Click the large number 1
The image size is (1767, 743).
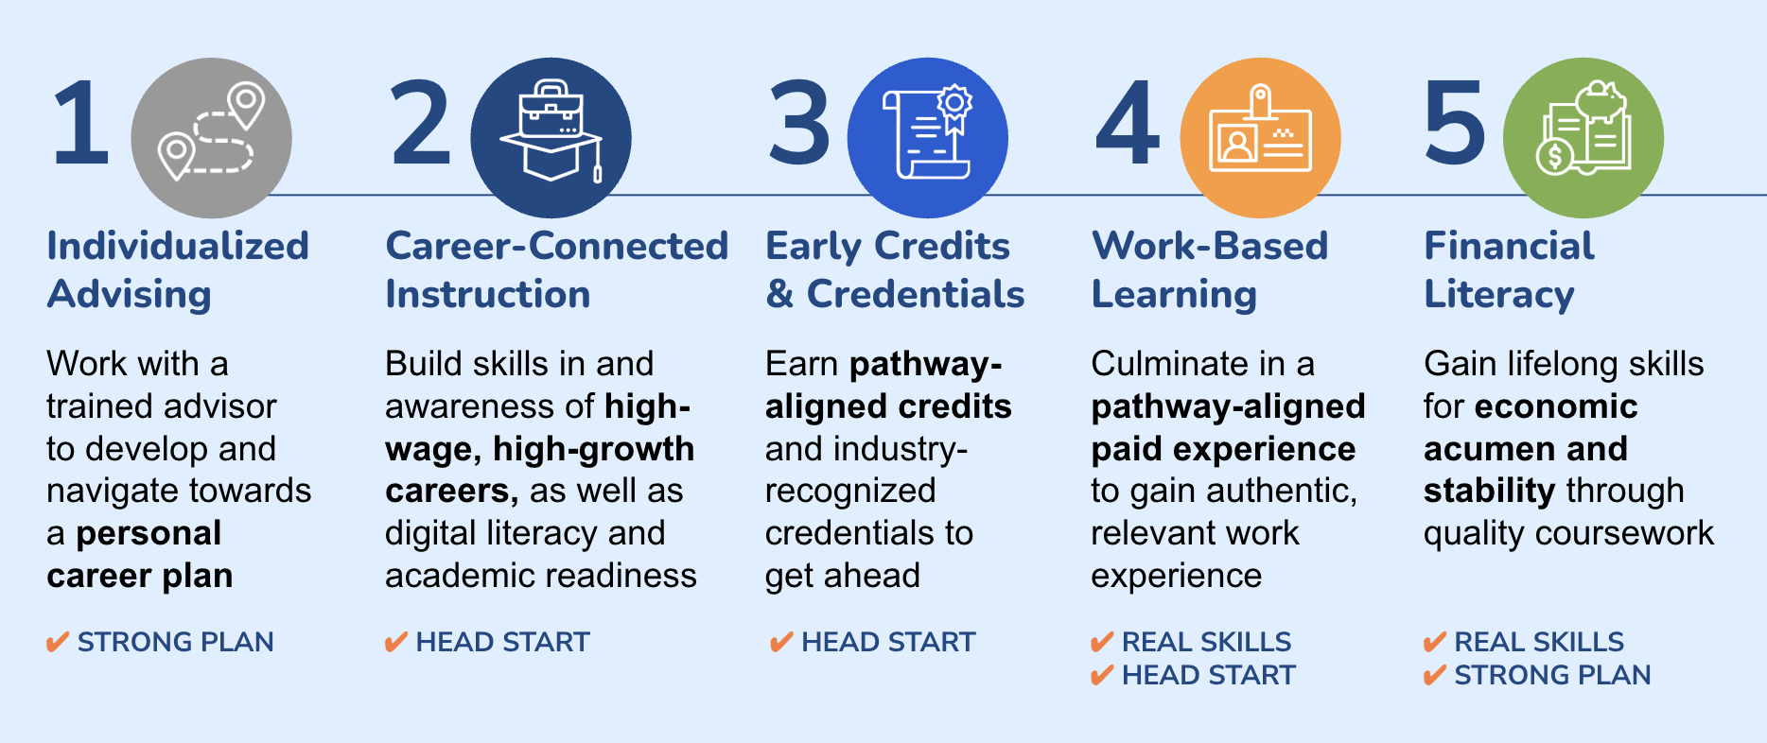coord(81,123)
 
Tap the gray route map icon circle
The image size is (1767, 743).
coord(211,138)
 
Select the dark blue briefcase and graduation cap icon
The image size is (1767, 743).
coord(551,138)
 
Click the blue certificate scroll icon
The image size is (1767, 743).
coord(927,138)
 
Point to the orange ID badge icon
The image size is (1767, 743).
coord(1260,138)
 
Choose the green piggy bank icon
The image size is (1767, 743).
coord(1583,138)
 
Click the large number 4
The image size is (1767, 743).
coord(1128,123)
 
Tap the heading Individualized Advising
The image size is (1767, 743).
coord(178,270)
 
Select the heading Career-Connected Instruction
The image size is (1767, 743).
coord(557,270)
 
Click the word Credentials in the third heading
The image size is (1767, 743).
coord(916,294)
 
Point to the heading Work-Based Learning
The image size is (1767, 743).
coord(1210,270)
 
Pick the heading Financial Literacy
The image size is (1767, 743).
coord(1509,270)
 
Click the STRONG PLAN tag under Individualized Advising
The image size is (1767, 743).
coord(175,642)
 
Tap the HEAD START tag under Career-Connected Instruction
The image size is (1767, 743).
coord(502,642)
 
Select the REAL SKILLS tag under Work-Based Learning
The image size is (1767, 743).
coord(1206,642)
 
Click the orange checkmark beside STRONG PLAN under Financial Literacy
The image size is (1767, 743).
coord(1435,675)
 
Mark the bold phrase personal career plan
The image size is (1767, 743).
coord(139,555)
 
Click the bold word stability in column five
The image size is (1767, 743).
coord(1489,492)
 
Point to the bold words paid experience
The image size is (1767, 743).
coord(1223,449)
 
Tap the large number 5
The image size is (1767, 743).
coord(1454,123)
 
